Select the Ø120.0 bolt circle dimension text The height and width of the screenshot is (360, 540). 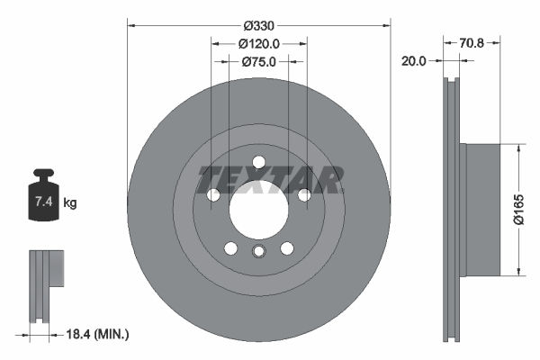coord(258,43)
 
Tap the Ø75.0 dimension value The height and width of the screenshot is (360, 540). coord(258,61)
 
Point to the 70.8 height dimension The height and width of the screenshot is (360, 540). coord(472,41)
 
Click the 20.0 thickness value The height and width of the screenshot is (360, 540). coord(414,61)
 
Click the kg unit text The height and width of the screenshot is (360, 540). coord(70,203)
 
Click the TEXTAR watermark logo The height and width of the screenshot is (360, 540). coord(270,180)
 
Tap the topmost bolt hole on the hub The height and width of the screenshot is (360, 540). coord(258,162)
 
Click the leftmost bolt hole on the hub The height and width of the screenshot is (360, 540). coord(213,195)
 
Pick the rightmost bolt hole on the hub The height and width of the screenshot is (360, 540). coord(304,195)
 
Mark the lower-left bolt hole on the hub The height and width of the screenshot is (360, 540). coord(230,248)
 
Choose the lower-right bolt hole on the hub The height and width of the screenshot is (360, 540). coord(287,248)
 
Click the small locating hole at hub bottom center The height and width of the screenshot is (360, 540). coord(258,253)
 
